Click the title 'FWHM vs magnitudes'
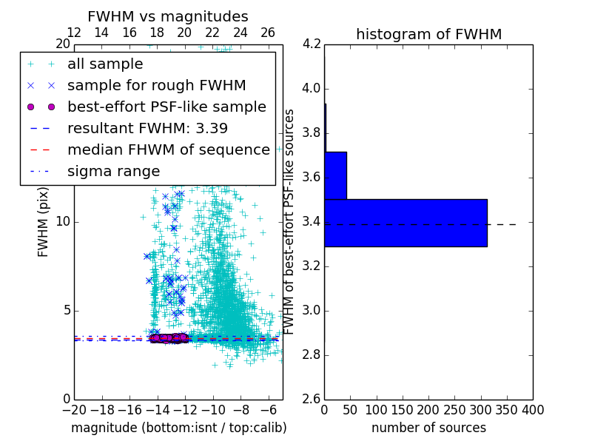(x=168, y=16)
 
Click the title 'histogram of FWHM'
(x=428, y=34)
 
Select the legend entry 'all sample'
(x=105, y=64)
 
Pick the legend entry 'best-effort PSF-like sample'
(x=166, y=107)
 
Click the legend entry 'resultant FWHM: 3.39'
(x=147, y=128)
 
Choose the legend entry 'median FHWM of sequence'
(x=169, y=149)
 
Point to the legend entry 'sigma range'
(x=113, y=171)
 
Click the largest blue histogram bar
(x=406, y=223)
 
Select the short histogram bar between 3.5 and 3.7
(x=335, y=175)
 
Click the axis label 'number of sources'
(x=428, y=428)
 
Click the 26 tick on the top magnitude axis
(x=268, y=33)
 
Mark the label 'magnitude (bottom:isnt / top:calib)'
(x=178, y=428)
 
